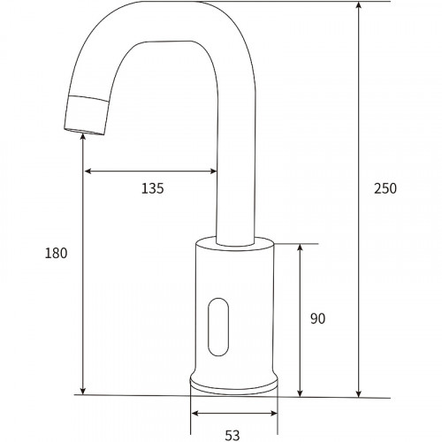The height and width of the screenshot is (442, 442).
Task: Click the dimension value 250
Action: pos(385,188)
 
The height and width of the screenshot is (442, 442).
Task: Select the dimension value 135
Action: pos(153,187)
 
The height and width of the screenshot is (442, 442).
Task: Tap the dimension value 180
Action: pos(56,253)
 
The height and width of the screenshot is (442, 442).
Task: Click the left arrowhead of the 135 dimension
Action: pos(87,171)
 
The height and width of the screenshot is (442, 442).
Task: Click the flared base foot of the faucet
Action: pos(234,385)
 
